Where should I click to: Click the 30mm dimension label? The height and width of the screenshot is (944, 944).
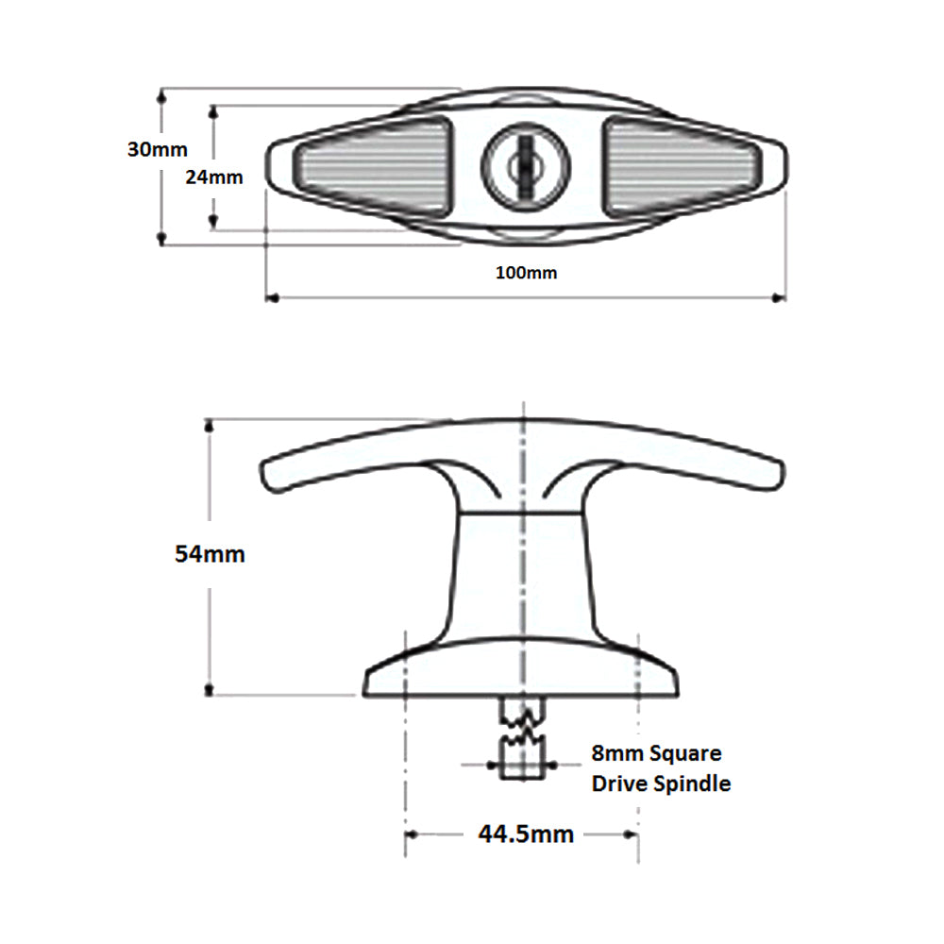(158, 149)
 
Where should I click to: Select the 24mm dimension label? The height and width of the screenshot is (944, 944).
(213, 177)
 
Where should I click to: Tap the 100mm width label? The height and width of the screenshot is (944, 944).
(526, 273)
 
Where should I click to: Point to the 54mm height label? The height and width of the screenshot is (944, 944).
(210, 553)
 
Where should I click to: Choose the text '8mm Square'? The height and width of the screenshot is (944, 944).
(656, 753)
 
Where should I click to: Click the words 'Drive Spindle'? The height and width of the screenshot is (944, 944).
(660, 784)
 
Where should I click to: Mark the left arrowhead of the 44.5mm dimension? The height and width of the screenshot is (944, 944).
(412, 834)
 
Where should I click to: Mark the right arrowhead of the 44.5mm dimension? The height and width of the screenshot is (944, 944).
(632, 834)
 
